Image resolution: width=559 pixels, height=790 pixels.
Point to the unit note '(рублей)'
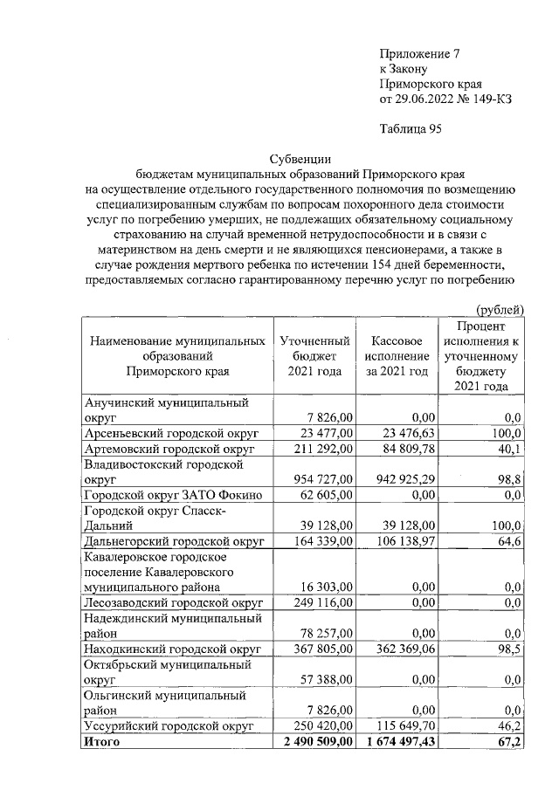500,309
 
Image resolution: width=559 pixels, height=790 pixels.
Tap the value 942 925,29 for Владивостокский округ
398,479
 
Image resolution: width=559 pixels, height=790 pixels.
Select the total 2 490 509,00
314,742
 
